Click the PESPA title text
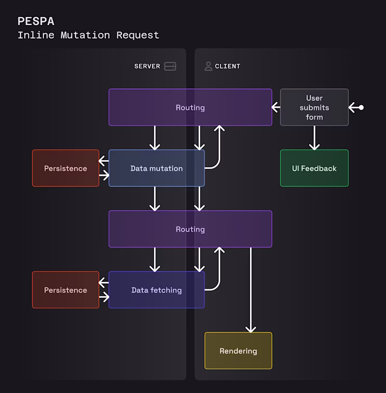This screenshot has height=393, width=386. point(36,21)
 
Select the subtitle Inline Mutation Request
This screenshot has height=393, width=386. point(88,35)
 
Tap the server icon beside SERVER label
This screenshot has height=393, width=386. point(170,66)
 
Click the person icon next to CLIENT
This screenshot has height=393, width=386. point(208,66)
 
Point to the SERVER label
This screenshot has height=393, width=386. point(147,66)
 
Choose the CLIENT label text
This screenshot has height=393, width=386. point(227,66)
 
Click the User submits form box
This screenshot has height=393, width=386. point(314,107)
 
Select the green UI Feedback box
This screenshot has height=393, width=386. point(314,168)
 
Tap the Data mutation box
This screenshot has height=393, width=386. point(156,168)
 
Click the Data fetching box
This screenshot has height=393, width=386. point(156,290)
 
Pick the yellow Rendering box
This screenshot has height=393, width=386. point(238,351)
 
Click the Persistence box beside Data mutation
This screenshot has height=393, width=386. point(66,168)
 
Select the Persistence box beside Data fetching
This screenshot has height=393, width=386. point(66,290)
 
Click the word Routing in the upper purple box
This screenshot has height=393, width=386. point(190,107)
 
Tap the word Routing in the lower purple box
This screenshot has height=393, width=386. point(190,229)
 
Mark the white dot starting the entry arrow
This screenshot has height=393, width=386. point(361,107)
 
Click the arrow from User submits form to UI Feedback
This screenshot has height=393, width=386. point(314,138)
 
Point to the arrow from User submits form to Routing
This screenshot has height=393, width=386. point(276,107)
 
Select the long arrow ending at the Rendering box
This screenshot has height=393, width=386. point(250,290)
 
